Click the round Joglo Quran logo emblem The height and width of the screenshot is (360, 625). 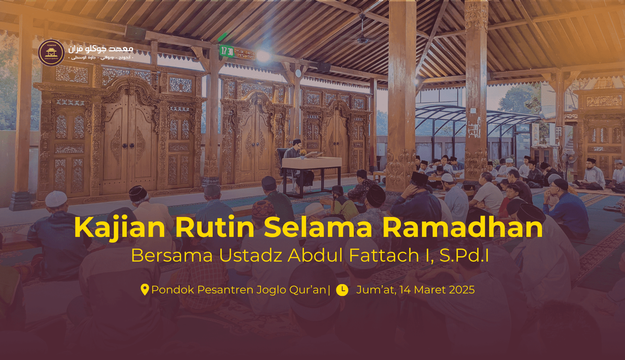tap(51, 53)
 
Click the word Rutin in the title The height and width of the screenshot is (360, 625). tap(215, 227)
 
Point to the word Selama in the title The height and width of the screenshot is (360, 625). tap(318, 227)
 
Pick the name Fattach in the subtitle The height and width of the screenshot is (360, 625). tap(384, 256)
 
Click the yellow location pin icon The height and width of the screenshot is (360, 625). tap(145, 290)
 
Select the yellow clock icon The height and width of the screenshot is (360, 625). tap(342, 290)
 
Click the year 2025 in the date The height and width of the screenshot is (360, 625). tap(462, 290)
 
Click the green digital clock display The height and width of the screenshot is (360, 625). tap(227, 51)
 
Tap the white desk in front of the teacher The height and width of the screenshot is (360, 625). tap(311, 163)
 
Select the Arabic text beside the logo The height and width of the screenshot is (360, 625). tap(101, 51)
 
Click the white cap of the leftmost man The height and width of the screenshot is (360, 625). tap(56, 199)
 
